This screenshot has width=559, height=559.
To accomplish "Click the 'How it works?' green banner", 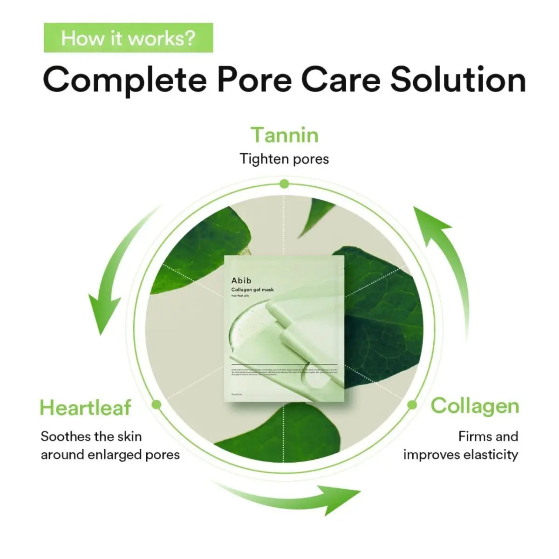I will tap(128, 38).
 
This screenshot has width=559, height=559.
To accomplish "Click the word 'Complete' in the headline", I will tap(125, 80).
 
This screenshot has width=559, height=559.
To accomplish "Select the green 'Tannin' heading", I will tap(285, 135).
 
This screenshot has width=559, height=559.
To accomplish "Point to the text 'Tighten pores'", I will tap(284, 159).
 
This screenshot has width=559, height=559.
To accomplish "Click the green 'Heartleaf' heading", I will tap(86, 408).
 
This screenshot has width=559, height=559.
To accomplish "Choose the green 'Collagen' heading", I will tap(475, 406).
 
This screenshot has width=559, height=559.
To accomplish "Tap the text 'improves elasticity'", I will tap(461, 454).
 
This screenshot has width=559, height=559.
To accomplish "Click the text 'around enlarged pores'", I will tap(110, 454).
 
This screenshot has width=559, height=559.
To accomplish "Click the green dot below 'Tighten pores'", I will tap(284, 184).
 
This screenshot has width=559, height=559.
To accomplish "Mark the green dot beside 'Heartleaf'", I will tap(157, 404).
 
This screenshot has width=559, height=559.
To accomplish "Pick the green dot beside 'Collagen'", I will tap(412, 405).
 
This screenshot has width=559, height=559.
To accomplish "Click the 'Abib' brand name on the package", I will tap(241, 280).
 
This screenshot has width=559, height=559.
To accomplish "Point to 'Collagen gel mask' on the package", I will tap(252, 290).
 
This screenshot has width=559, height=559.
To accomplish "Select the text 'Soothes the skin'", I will tap(91, 436).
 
